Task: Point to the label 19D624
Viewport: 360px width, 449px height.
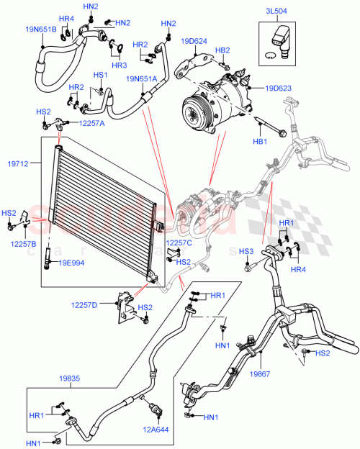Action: [x=194, y=42]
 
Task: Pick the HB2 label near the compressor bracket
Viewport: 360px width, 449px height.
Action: [x=222, y=50]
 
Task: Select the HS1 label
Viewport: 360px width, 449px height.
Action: [x=99, y=75]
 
